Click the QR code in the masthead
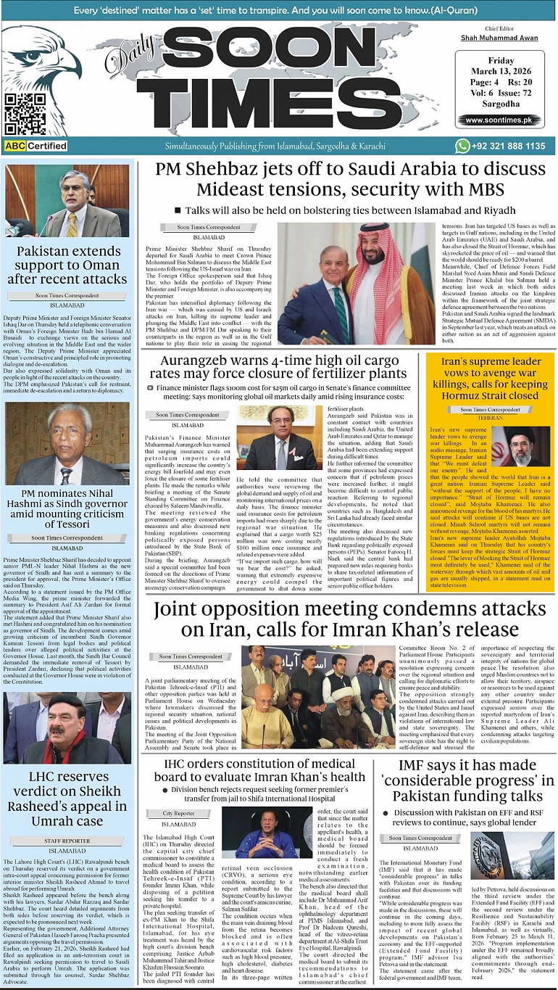[25, 114]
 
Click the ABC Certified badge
[36, 146]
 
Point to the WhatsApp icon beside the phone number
[462, 146]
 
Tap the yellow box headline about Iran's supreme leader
[492, 379]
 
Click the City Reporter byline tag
[178, 814]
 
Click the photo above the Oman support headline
[67, 201]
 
